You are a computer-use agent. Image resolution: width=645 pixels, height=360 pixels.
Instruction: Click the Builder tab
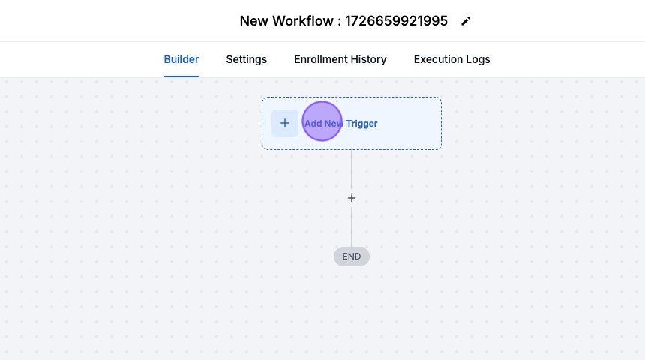click(x=181, y=59)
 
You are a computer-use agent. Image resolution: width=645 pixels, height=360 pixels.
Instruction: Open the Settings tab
click(x=247, y=60)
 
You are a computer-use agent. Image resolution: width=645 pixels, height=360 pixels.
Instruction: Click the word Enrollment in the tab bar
click(x=320, y=59)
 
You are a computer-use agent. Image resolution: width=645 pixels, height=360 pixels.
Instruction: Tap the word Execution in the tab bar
click(x=438, y=59)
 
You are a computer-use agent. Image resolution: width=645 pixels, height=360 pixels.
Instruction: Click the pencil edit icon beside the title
click(x=466, y=22)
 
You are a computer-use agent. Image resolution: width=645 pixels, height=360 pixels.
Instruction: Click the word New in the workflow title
click(x=253, y=20)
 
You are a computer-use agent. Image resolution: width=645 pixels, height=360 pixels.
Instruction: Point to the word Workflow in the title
click(x=303, y=20)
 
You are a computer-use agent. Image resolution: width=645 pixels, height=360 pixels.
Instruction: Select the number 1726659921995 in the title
click(x=396, y=20)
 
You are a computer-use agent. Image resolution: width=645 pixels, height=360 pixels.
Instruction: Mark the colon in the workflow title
click(x=339, y=22)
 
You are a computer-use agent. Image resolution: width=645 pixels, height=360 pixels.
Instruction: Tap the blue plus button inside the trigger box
click(x=285, y=123)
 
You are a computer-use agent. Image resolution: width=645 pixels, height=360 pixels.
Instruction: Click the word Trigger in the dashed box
click(x=362, y=124)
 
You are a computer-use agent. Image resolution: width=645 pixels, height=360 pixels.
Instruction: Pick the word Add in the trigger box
click(x=313, y=124)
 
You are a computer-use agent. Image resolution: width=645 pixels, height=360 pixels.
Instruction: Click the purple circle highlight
click(x=322, y=121)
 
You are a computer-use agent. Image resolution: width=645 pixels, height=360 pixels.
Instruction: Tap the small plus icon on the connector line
click(x=351, y=198)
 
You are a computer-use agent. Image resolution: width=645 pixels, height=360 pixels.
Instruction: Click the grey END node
click(x=351, y=256)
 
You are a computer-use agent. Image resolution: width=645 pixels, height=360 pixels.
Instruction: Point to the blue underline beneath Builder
click(x=181, y=76)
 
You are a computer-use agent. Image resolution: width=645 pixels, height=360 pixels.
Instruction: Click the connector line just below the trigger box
click(x=351, y=169)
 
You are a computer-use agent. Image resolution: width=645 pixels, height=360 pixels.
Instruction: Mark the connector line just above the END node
click(x=351, y=227)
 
